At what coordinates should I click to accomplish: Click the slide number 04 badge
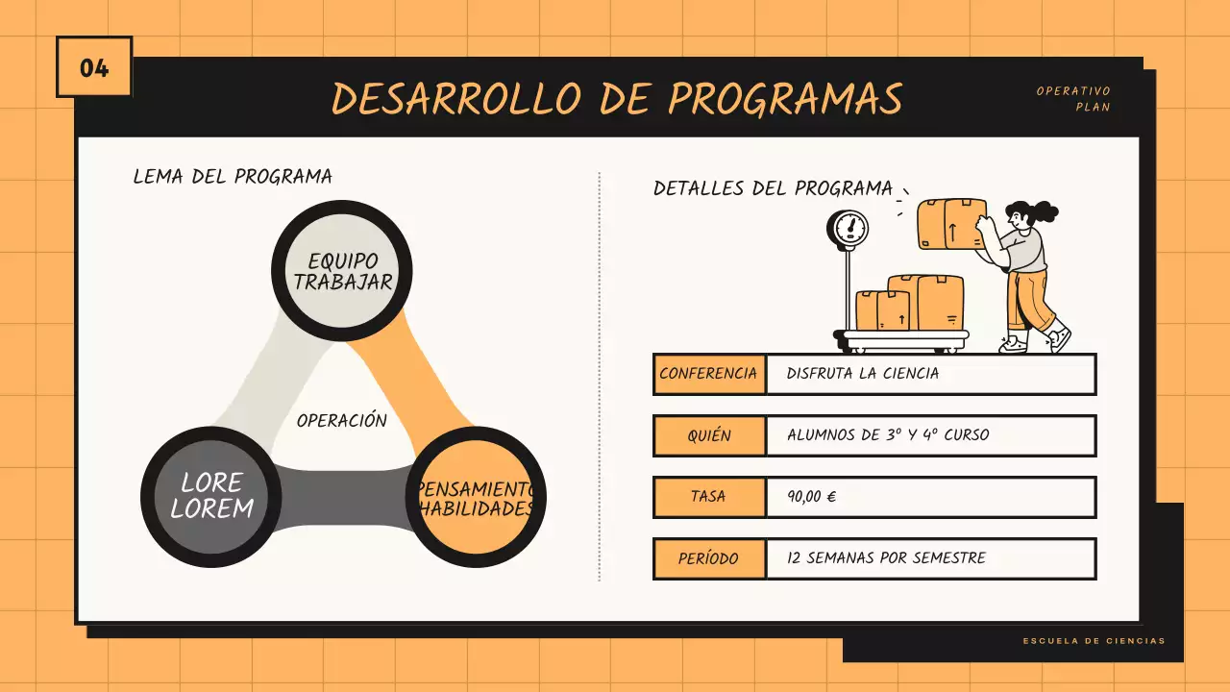(94, 67)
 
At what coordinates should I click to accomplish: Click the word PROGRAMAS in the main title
(785, 98)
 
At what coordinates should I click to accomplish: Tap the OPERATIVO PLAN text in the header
(1073, 99)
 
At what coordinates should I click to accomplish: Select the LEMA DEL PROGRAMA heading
(233, 177)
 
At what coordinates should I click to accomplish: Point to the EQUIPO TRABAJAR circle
(342, 271)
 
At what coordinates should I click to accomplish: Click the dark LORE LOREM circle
(211, 495)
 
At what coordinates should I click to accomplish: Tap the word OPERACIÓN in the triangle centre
(342, 421)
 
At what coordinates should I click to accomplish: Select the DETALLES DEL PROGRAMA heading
(773, 188)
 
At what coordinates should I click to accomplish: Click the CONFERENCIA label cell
(709, 374)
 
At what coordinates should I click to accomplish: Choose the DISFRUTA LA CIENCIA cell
(862, 374)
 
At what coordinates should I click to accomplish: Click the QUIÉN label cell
(709, 435)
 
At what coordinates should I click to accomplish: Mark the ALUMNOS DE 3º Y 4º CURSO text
(887, 435)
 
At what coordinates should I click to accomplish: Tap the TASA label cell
(709, 497)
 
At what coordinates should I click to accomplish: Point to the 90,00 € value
(812, 497)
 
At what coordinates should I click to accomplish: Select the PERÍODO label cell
(709, 558)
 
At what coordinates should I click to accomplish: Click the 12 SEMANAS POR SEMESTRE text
(886, 558)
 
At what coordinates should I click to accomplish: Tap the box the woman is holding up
(951, 224)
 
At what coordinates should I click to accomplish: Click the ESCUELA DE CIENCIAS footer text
(1094, 641)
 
